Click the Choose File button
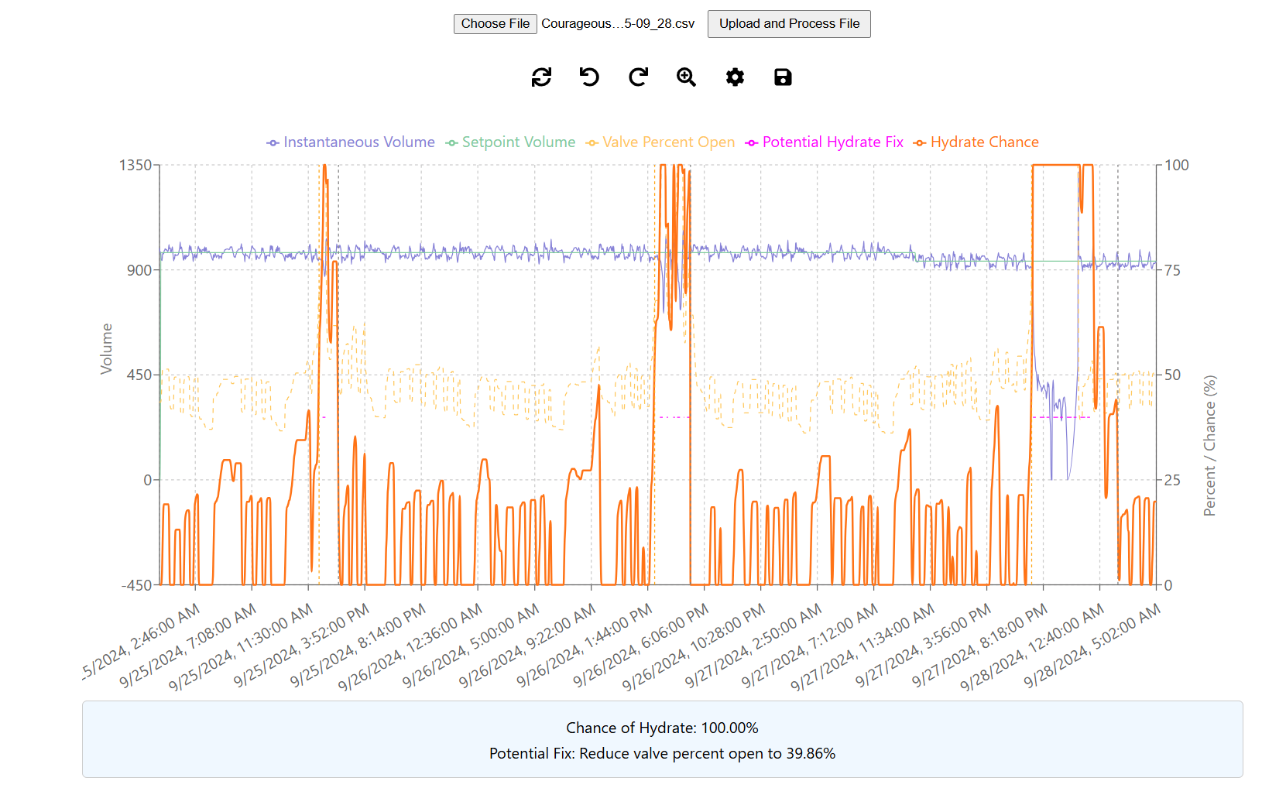[x=495, y=24]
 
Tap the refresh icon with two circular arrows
[x=541, y=77]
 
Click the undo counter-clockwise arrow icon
[x=589, y=77]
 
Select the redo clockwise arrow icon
[x=638, y=77]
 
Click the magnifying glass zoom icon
[x=686, y=77]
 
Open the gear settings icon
[x=735, y=77]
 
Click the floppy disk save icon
[x=783, y=77]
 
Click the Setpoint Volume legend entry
[x=511, y=142]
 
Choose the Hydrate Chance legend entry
[x=976, y=142]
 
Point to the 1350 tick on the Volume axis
[x=135, y=165]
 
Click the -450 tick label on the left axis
[x=137, y=585]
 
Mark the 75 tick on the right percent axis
[x=1173, y=270]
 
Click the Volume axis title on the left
[x=107, y=349]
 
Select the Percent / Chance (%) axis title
[x=1209, y=446]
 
